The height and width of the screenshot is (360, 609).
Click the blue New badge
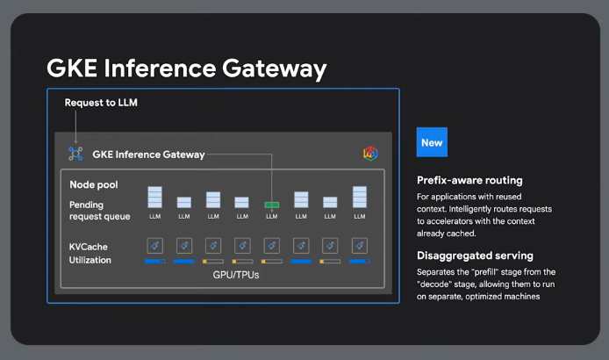432,142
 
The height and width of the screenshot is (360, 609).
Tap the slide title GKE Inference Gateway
186,69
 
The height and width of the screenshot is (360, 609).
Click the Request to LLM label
101,103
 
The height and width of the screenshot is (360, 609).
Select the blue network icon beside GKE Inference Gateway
75,154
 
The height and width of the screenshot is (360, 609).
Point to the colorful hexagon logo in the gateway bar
370,154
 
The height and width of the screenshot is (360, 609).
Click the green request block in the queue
271,205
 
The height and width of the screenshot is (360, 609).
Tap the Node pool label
94,185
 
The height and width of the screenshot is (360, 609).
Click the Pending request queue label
99,211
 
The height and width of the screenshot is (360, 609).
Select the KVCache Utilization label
90,254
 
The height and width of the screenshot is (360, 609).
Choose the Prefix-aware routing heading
469,181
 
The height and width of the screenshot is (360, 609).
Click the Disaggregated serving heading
475,256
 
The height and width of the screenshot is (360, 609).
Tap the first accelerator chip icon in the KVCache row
154,245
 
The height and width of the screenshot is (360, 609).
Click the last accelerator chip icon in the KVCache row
359,245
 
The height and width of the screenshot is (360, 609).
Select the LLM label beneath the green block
271,216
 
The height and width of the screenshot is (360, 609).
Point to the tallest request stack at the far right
359,198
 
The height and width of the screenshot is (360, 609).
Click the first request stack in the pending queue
154,198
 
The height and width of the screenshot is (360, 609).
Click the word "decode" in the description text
435,284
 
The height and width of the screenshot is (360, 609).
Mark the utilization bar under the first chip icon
154,261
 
